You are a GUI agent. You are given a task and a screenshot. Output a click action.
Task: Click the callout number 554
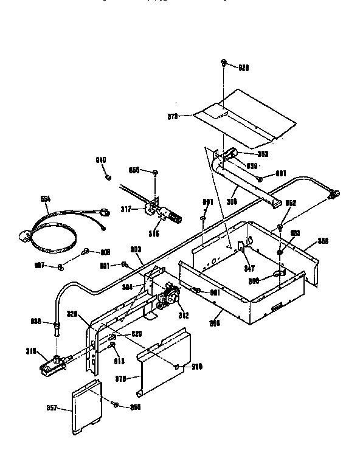tap(45, 198)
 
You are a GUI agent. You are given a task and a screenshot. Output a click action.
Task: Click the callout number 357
tap(53, 409)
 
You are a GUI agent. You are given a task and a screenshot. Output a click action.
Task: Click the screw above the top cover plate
tap(224, 61)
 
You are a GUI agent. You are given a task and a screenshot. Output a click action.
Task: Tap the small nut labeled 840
tap(108, 177)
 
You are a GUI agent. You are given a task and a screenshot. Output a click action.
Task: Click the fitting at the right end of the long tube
tap(333, 195)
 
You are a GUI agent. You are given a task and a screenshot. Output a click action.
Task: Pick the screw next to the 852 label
tap(280, 226)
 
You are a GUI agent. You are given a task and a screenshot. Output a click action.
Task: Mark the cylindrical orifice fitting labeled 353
tap(229, 156)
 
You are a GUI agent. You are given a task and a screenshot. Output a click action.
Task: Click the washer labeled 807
tap(61, 266)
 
